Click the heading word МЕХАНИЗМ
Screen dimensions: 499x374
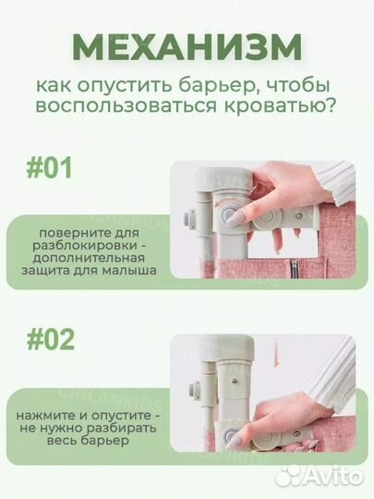pos(187,46)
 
